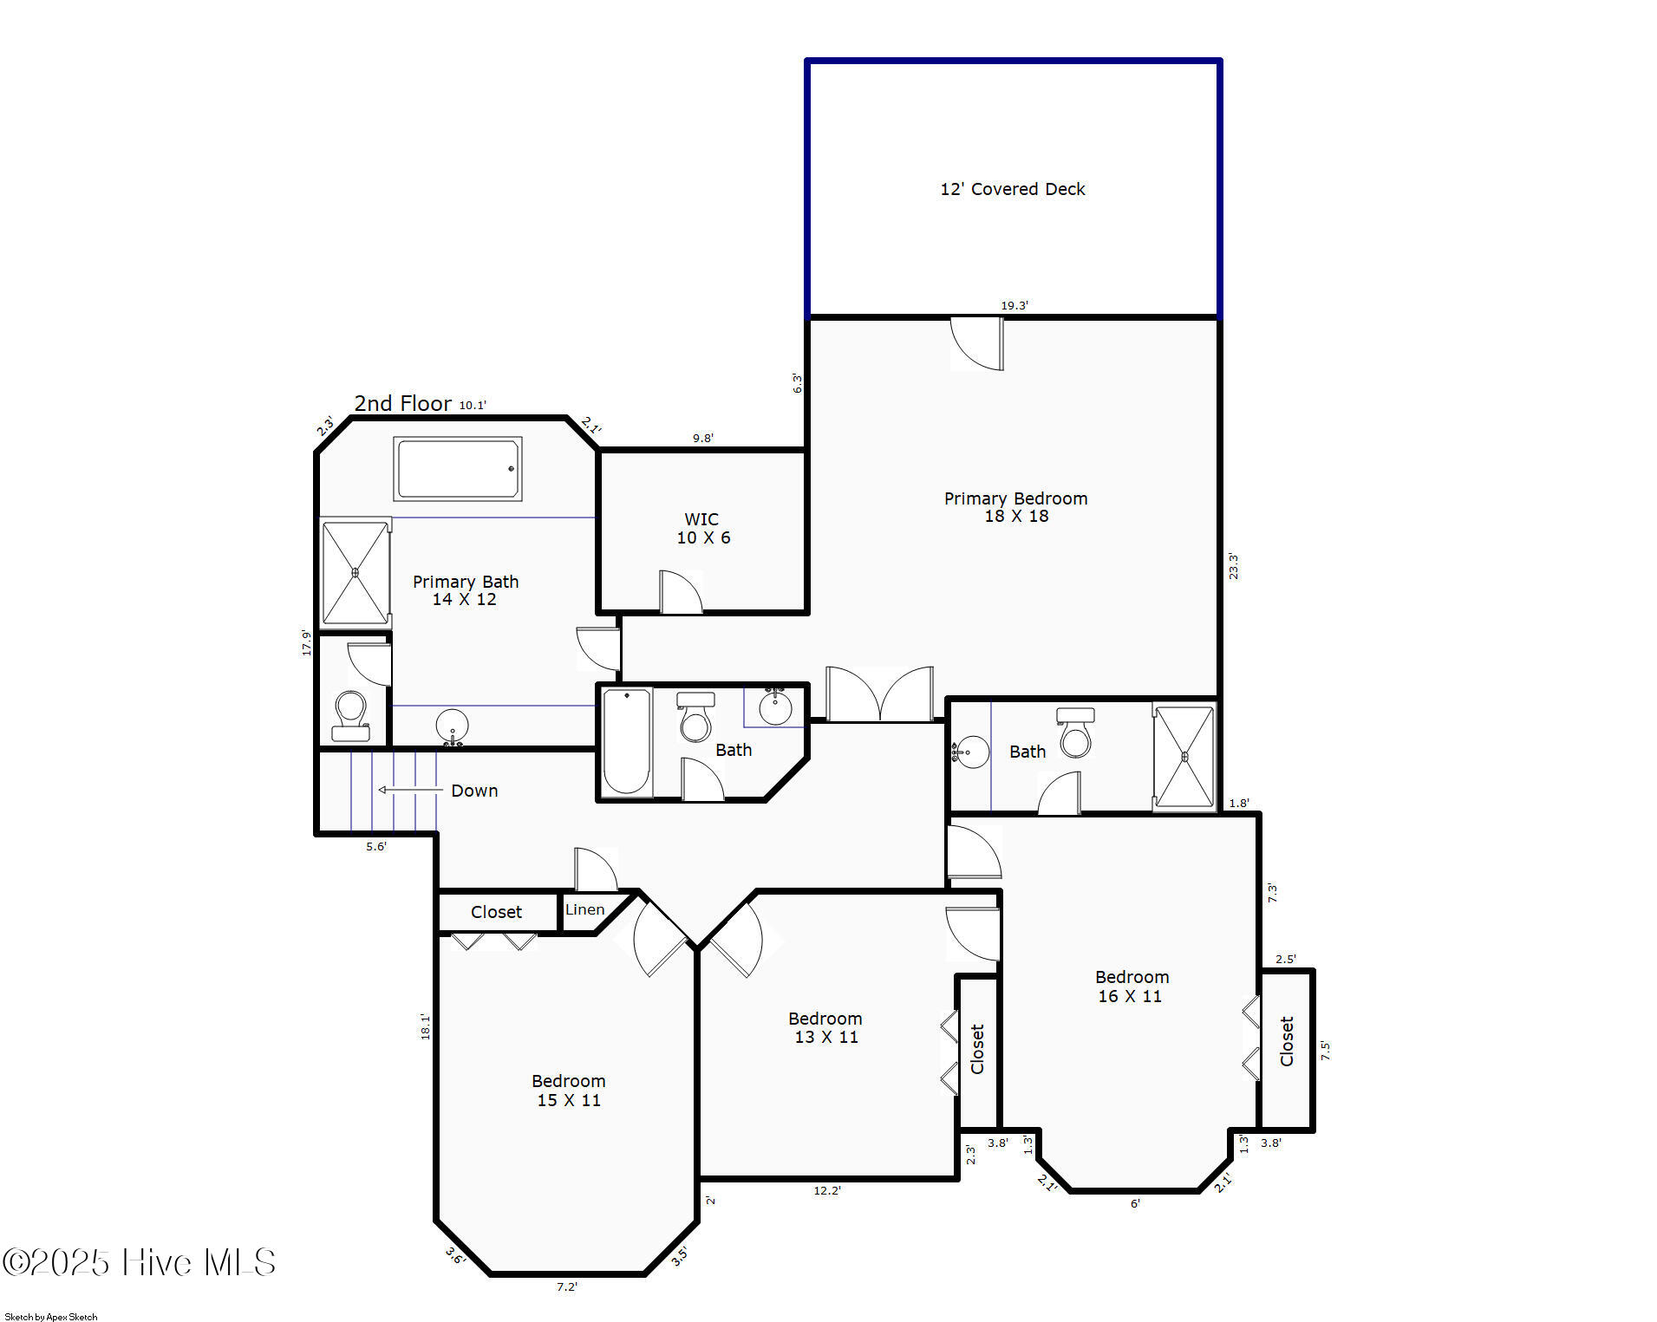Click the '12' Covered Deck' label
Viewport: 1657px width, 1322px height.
[x=1012, y=189]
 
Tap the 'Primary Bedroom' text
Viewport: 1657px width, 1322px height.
[x=1015, y=498]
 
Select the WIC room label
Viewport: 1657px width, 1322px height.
[x=702, y=528]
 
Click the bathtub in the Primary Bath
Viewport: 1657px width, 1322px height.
[x=458, y=469]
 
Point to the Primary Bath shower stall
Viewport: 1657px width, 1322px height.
[x=356, y=572]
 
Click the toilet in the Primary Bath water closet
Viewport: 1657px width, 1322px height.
[x=350, y=716]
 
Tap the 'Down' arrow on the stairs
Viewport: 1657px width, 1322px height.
[x=410, y=790]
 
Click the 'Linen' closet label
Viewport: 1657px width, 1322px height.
[x=585, y=909]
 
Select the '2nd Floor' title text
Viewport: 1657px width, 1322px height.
[x=402, y=403]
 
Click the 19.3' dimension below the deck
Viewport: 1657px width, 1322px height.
[x=1014, y=305]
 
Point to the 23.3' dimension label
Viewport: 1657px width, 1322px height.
[x=1233, y=566]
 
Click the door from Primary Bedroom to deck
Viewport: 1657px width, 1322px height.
[x=977, y=343]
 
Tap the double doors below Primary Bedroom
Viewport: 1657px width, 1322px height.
[x=880, y=694]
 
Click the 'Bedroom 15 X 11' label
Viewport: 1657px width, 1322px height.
[x=569, y=1091]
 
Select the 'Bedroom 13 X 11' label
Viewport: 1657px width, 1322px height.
[x=825, y=1027]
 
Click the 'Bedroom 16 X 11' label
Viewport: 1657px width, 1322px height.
[x=1132, y=987]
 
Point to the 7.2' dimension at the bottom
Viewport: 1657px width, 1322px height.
[x=567, y=1286]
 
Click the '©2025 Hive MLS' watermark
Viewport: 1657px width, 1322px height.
[x=139, y=1262]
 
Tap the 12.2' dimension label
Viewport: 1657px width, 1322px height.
[x=827, y=1190]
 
